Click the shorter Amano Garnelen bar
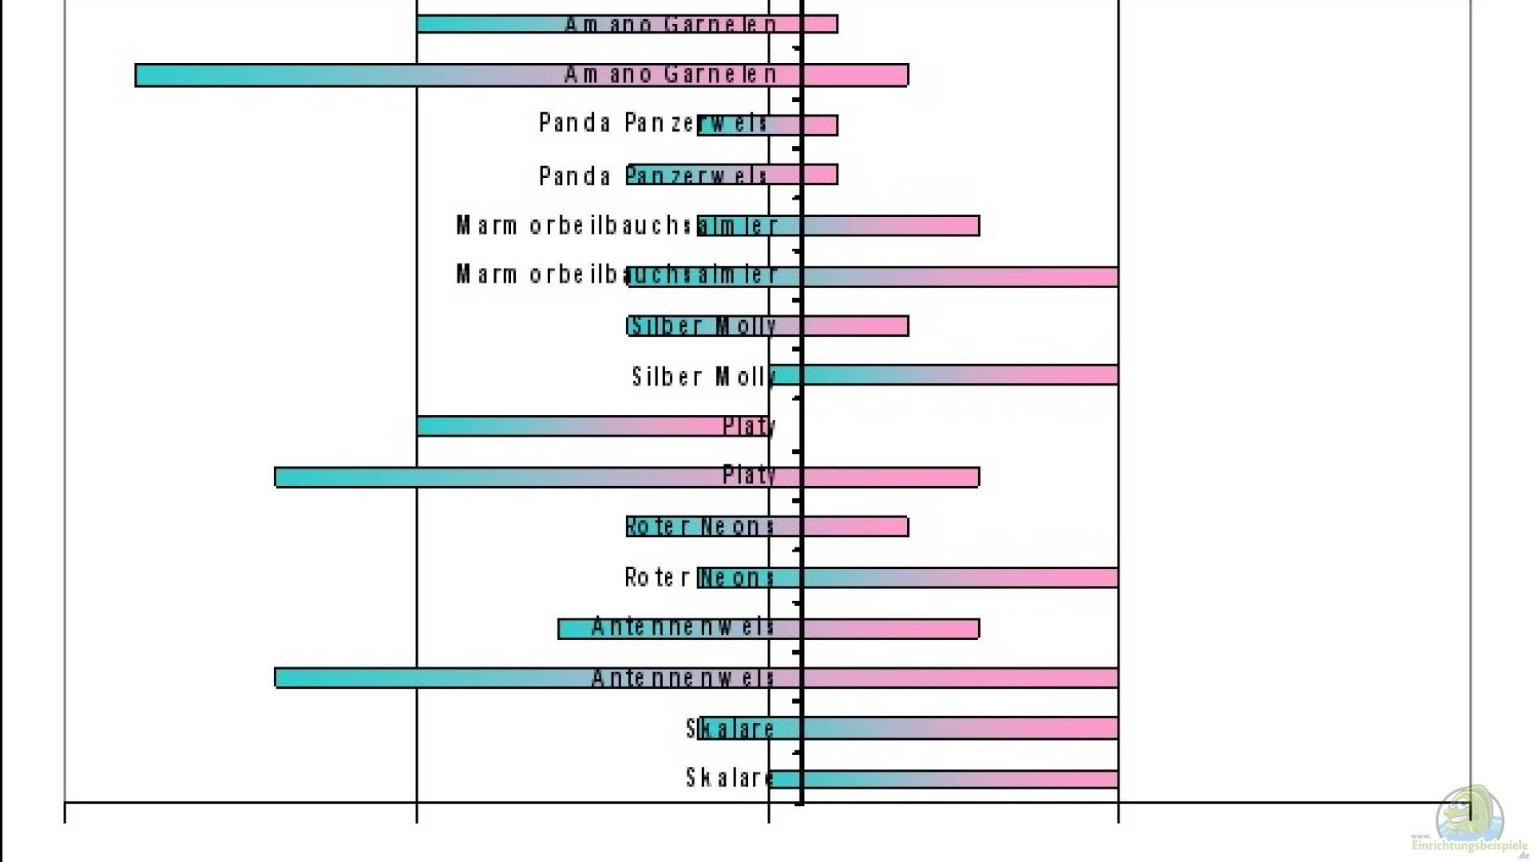coord(627,24)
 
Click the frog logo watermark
coord(1469,814)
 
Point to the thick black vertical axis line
coord(802,399)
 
